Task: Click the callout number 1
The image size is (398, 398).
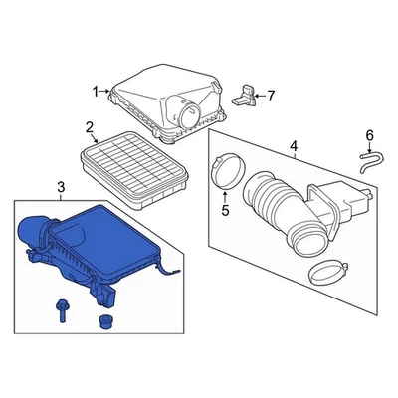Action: [98, 92]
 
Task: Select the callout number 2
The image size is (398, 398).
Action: [89, 127]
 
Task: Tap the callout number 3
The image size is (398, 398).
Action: [60, 187]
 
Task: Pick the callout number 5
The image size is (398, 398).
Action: [224, 210]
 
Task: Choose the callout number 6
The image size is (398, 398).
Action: [369, 135]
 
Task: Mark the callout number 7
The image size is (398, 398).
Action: [270, 96]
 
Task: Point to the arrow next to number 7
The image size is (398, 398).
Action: [258, 96]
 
